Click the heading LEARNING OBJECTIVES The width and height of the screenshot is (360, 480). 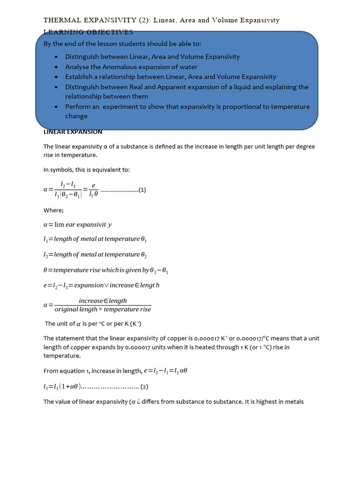(x=88, y=32)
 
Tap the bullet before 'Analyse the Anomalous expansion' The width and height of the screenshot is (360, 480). (x=56, y=67)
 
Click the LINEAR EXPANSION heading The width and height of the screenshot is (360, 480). (x=73, y=132)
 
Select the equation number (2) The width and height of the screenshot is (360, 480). (x=144, y=387)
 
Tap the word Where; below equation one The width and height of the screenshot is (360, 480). (x=53, y=210)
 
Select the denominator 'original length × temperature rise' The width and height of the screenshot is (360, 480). (x=103, y=309)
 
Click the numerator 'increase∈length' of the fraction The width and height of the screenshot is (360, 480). (x=103, y=301)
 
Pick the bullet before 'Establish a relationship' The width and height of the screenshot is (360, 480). (x=56, y=77)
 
